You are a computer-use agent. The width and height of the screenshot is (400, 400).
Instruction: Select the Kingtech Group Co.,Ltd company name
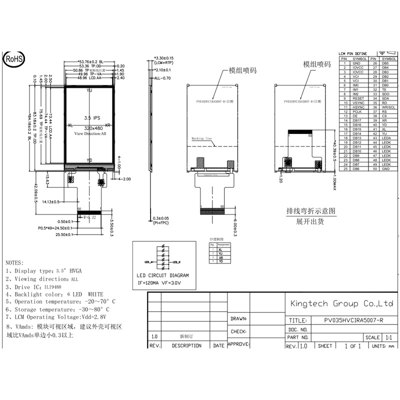click(x=342, y=303)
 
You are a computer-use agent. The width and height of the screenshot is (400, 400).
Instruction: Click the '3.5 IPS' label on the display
click(x=91, y=118)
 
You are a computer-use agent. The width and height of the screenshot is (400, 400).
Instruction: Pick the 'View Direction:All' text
click(x=90, y=134)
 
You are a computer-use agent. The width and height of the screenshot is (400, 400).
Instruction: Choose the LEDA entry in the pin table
click(x=385, y=138)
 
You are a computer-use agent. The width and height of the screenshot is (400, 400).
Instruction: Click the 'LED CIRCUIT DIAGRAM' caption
click(x=163, y=275)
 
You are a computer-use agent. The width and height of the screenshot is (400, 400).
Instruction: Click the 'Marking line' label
click(x=202, y=138)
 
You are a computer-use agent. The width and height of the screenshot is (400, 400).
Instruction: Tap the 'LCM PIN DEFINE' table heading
click(x=352, y=53)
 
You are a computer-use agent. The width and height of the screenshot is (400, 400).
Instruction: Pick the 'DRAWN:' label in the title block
click(x=238, y=318)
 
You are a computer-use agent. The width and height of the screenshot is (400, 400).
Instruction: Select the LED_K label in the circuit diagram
click(x=175, y=261)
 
